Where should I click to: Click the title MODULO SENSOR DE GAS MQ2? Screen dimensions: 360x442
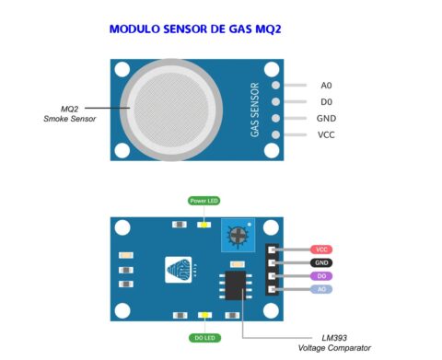click(x=194, y=29)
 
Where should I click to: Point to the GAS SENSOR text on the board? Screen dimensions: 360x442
click(x=255, y=110)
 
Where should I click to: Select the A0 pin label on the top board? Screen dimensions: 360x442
click(x=326, y=85)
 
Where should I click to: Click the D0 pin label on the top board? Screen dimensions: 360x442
click(x=326, y=101)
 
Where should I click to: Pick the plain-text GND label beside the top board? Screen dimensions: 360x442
click(x=326, y=118)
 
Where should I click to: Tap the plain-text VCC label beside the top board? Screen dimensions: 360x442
click(x=326, y=134)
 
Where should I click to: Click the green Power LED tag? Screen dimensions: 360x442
click(x=204, y=201)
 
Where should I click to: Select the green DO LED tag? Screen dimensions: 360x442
click(x=204, y=337)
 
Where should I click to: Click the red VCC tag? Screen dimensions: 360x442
click(x=321, y=249)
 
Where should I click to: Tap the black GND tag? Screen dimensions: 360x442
click(x=321, y=262)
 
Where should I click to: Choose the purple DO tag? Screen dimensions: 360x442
click(x=321, y=275)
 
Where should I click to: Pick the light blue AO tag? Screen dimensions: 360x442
click(x=321, y=289)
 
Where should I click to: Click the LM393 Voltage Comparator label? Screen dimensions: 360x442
click(x=334, y=343)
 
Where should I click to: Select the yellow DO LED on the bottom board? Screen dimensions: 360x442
click(x=204, y=315)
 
